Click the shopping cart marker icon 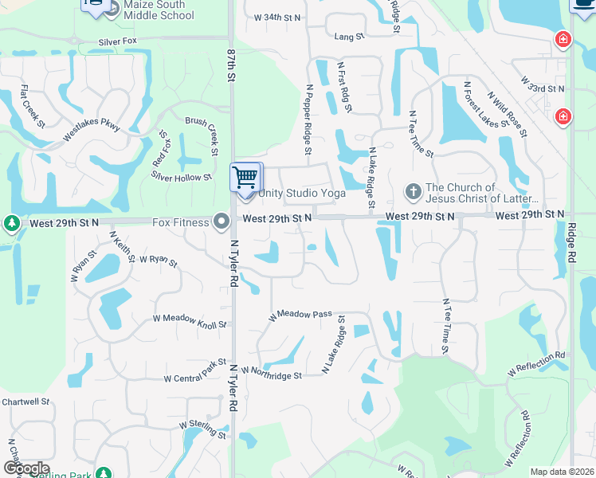tap(245, 176)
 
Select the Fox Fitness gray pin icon tap(222, 221)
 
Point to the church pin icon tap(413, 191)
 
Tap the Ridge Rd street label tap(571, 243)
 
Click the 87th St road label tap(231, 62)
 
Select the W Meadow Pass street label tap(300, 315)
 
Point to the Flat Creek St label tap(33, 105)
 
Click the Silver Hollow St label tap(182, 178)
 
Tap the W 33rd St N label tap(543, 84)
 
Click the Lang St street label tap(349, 37)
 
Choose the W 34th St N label tap(277, 17)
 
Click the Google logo tap(25, 468)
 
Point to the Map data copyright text tap(563, 472)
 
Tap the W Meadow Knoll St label tap(190, 321)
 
